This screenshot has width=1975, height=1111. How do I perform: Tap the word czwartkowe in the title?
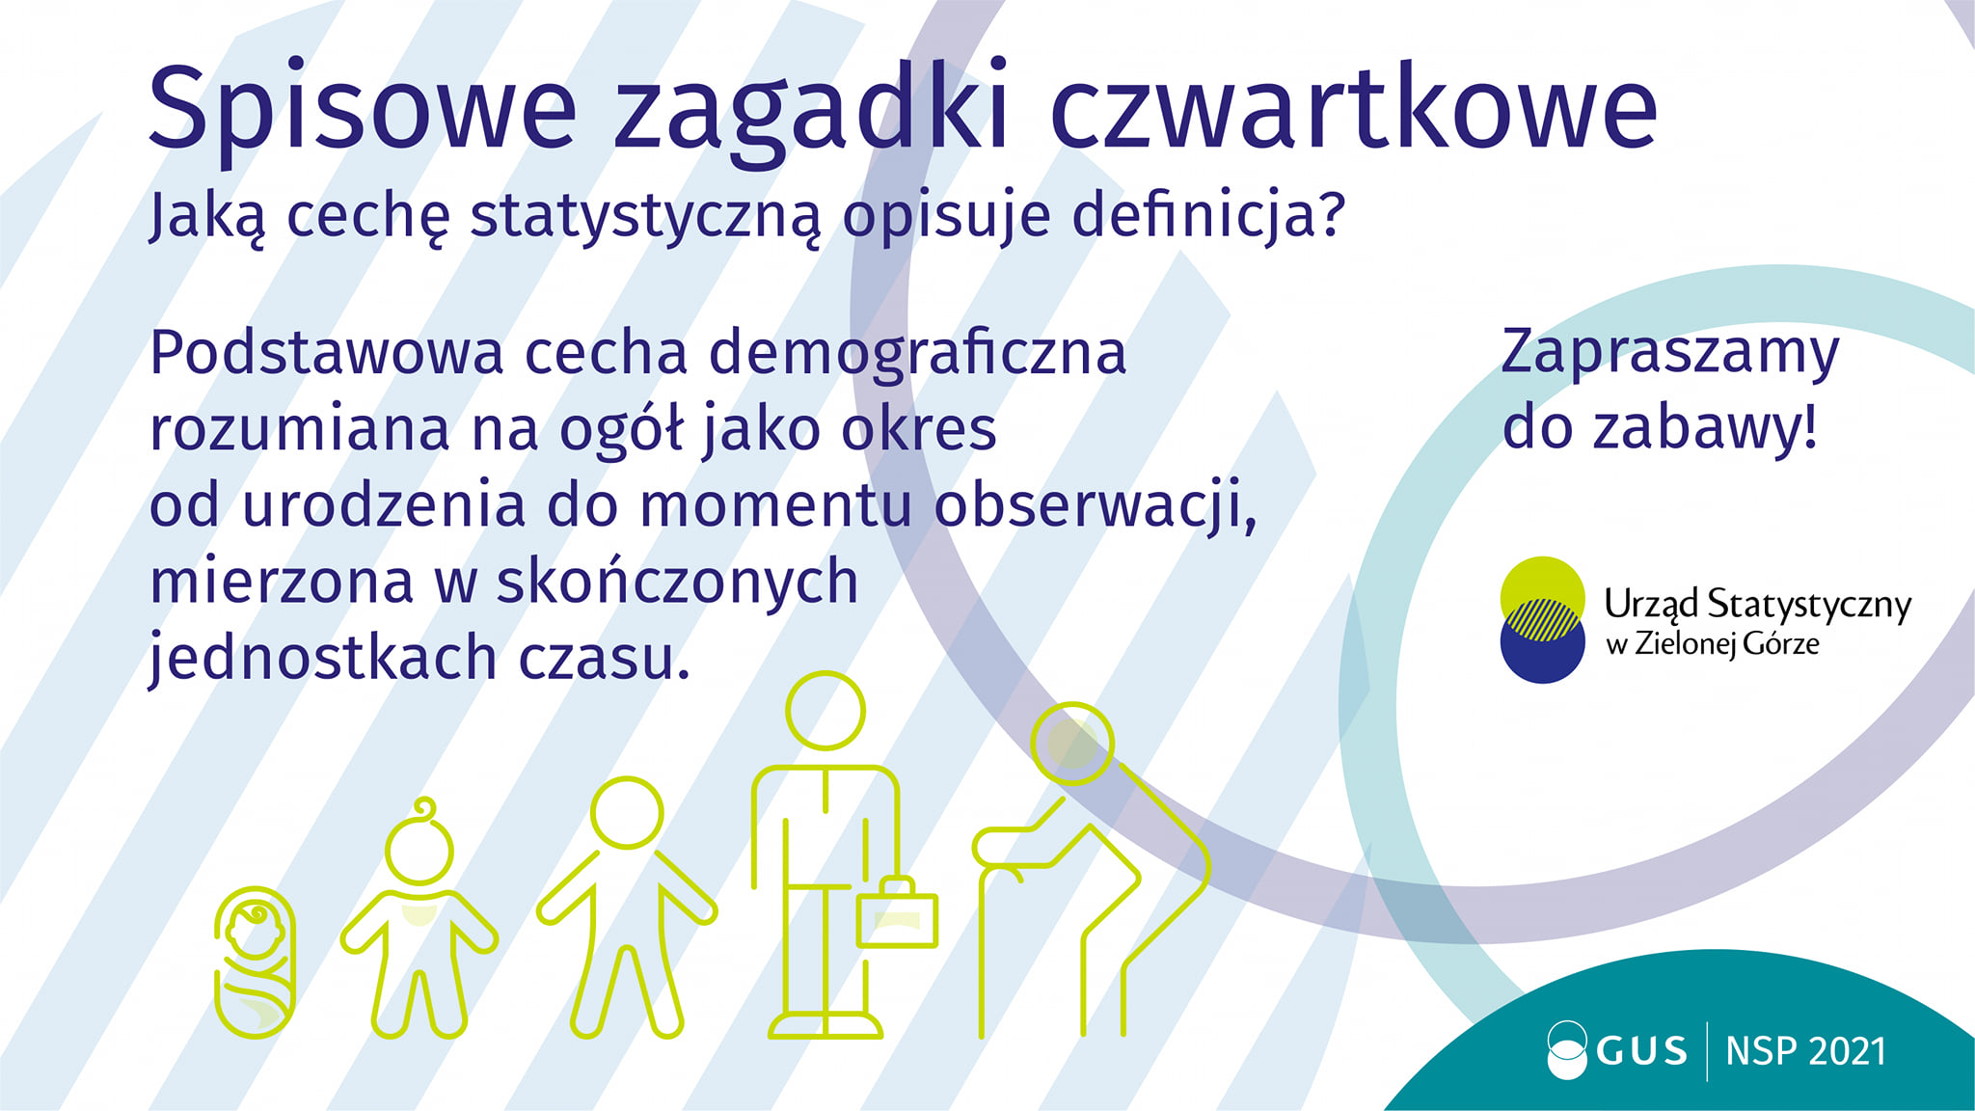1353,108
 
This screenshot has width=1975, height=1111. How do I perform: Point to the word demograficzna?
917,354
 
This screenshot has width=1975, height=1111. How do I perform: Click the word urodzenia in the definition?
383,506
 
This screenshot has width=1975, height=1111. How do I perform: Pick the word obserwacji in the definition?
1095,506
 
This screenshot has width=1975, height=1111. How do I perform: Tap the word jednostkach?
323,660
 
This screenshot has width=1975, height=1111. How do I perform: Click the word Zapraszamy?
1670,354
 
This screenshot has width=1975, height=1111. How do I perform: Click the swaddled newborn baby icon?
255,962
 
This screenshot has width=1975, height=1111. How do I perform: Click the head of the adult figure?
825,711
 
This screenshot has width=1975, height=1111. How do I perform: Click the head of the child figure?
627,813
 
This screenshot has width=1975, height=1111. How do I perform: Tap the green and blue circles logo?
1542,620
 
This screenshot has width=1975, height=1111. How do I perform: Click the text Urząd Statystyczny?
1757,605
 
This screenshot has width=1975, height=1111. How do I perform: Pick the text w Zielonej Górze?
1712,644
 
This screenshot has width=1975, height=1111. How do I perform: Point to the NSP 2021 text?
1805,1051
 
